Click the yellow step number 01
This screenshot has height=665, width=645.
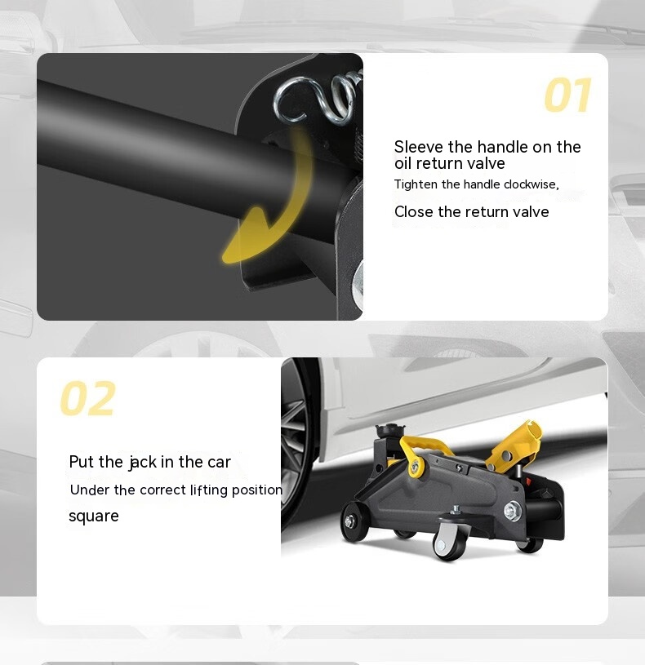pyautogui.click(x=567, y=95)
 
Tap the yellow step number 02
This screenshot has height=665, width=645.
pyautogui.click(x=88, y=398)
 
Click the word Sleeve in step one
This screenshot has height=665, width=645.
pyautogui.click(x=418, y=147)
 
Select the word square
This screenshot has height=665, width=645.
pyautogui.click(x=93, y=517)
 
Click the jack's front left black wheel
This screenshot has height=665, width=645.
pyautogui.click(x=354, y=521)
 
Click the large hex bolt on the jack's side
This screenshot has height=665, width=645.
pyautogui.click(x=513, y=510)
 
